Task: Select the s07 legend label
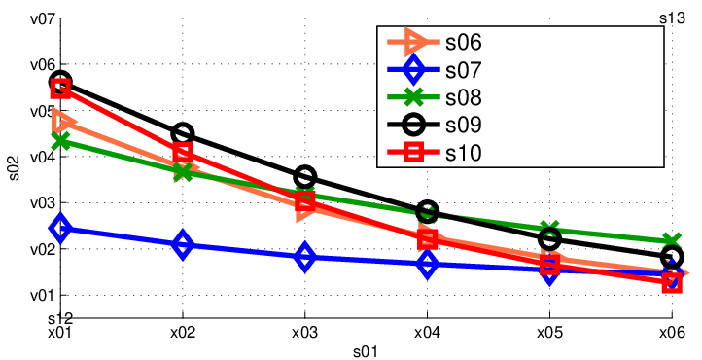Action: [464, 70]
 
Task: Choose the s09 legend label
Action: [464, 126]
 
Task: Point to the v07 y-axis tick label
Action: [42, 19]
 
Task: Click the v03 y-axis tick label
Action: [42, 203]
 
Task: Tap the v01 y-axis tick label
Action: [42, 296]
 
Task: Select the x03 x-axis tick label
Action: [304, 332]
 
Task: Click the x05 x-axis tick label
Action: [549, 332]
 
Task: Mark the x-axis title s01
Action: [366, 351]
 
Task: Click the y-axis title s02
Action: [15, 167]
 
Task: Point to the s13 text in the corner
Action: [672, 18]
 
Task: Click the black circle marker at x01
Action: [61, 82]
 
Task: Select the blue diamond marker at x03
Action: [305, 257]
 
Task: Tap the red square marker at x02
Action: [183, 152]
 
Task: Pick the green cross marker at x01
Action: [61, 141]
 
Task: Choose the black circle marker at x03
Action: [305, 177]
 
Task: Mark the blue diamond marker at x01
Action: [61, 228]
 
